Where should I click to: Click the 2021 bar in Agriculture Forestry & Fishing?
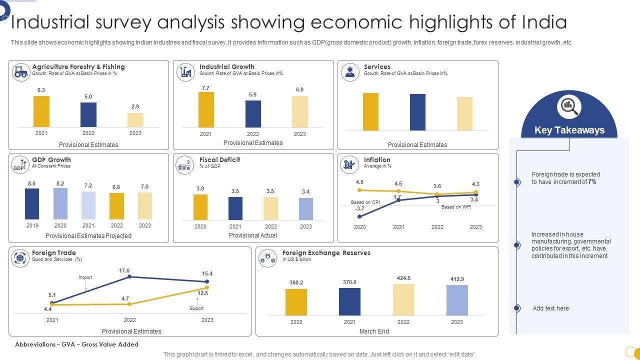(x=41, y=111)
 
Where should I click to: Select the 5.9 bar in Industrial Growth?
(x=253, y=114)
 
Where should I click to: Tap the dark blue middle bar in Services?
(x=417, y=112)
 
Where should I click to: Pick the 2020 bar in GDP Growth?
(x=60, y=203)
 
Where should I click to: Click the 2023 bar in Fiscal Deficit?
(x=306, y=209)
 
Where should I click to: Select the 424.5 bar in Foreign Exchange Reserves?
(x=403, y=299)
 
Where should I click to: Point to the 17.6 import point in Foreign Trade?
(x=129, y=276)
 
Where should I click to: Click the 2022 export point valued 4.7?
(x=129, y=304)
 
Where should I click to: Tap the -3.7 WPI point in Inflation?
(x=360, y=216)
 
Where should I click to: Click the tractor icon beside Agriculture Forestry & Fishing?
(x=20, y=72)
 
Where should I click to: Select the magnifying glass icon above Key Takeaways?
(x=569, y=106)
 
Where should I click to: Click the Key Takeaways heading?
(x=569, y=130)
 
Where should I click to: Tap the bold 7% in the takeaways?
(x=592, y=182)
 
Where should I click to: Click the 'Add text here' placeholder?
(x=550, y=308)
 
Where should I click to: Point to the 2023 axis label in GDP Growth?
(x=145, y=225)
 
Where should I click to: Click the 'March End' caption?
(x=374, y=331)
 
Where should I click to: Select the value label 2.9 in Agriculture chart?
(x=135, y=106)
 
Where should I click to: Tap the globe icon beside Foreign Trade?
(x=20, y=258)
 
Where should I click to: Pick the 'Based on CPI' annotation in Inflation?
(x=365, y=202)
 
